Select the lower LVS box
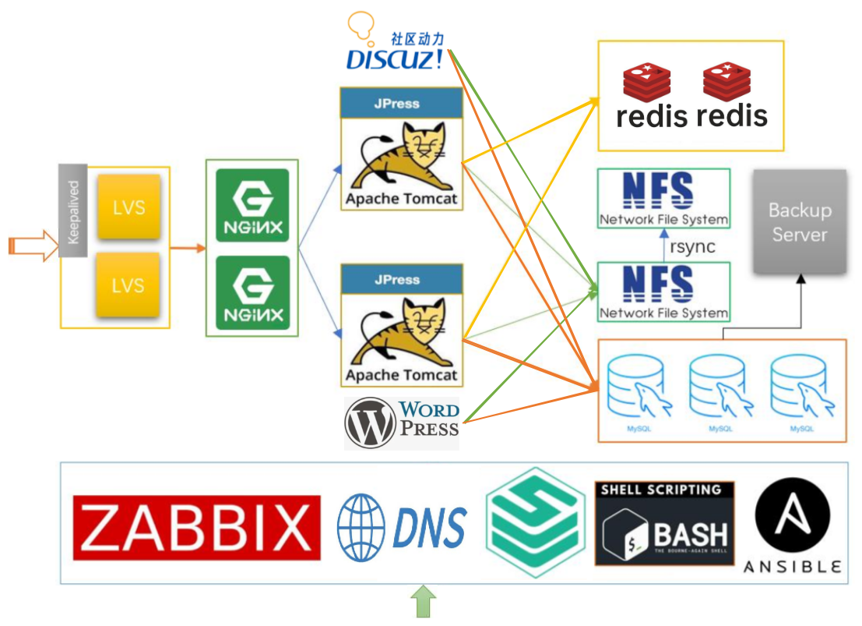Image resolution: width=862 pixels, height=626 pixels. (x=128, y=285)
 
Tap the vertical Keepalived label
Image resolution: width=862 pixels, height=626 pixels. (x=73, y=211)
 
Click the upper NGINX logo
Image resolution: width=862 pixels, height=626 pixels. (x=252, y=205)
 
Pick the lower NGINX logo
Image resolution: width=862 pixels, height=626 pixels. (x=252, y=292)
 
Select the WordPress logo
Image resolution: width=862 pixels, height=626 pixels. (x=402, y=422)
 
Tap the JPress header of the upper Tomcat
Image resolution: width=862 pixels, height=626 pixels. (x=401, y=104)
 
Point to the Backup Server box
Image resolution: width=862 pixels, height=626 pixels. (x=799, y=221)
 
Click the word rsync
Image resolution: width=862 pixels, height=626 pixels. (x=692, y=247)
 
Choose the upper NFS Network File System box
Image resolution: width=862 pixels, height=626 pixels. (x=663, y=199)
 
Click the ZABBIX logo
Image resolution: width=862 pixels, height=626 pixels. (x=196, y=528)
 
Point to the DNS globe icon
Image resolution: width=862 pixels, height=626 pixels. (x=361, y=527)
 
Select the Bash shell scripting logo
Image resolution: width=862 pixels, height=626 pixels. (x=664, y=523)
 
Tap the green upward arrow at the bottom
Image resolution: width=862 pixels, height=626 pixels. (x=422, y=602)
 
